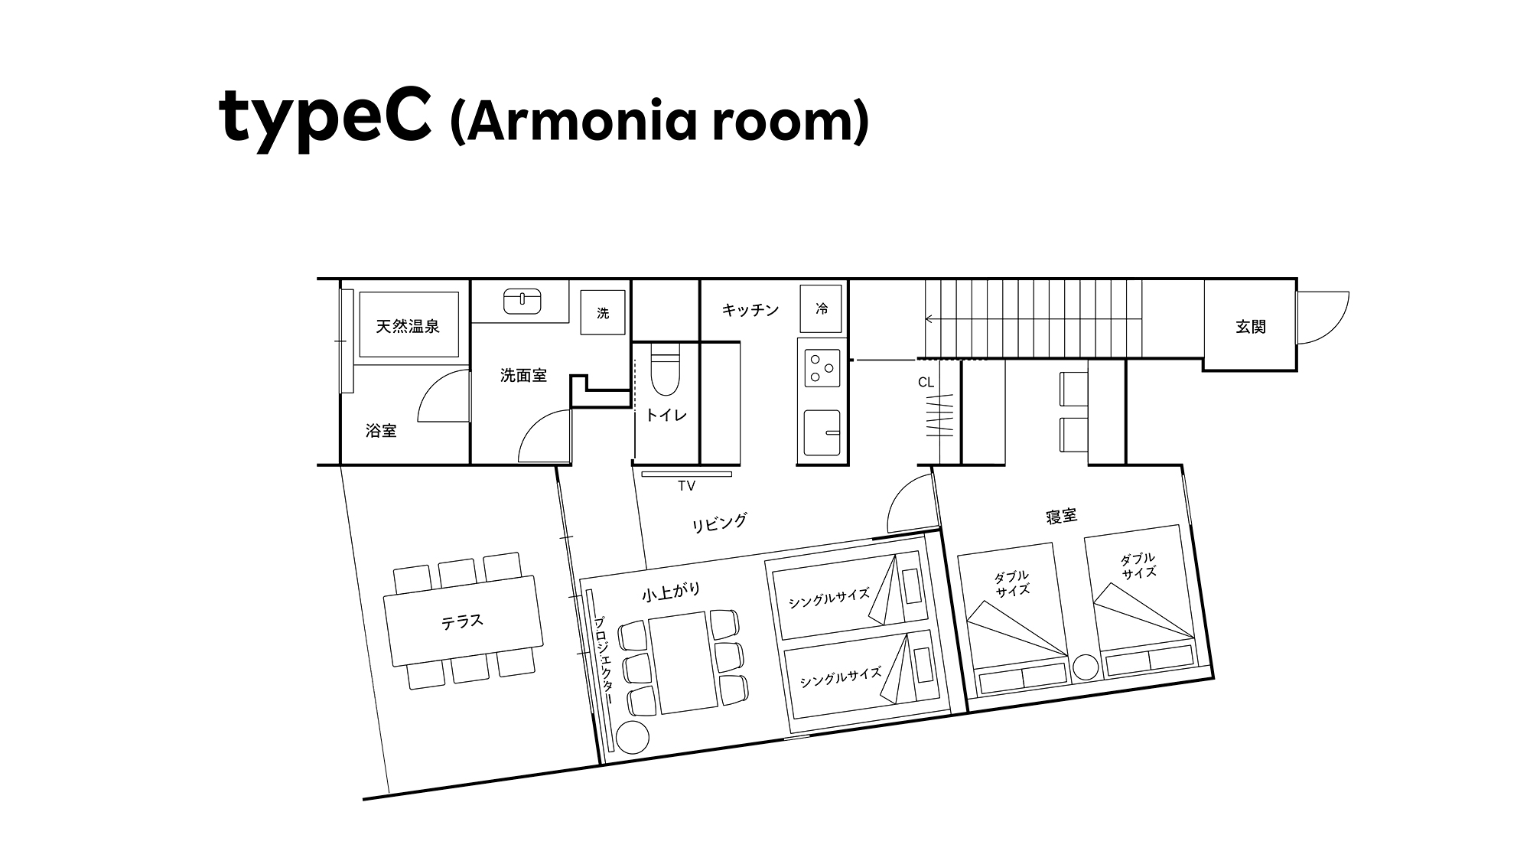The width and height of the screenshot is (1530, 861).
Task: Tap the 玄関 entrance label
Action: pos(1251,327)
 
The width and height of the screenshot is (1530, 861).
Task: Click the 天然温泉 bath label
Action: pos(408,327)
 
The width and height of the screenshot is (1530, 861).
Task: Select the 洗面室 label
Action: pos(523,375)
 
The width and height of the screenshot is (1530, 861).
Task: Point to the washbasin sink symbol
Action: pos(522,301)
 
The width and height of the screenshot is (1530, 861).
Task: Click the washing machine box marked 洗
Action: pos(603,312)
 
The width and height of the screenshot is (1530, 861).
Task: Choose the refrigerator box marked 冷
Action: pos(821,308)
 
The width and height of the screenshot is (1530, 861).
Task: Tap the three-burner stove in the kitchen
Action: pos(822,369)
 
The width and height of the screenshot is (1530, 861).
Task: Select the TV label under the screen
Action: pos(686,486)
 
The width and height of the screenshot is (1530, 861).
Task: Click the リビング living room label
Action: pos(719,523)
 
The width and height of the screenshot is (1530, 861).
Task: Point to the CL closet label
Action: pos(926,383)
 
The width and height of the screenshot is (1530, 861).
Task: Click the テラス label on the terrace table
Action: pos(462,621)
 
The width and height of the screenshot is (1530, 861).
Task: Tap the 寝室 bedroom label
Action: pos(1061,517)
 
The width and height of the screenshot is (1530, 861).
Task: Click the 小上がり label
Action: pos(671,592)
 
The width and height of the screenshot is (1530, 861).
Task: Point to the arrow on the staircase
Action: pos(1033,318)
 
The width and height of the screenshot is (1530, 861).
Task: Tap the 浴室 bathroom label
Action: pos(381,431)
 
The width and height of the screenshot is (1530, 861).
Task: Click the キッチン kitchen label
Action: pos(750,310)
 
